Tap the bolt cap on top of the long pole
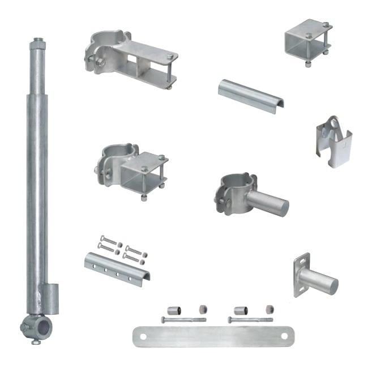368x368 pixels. (x=38, y=41)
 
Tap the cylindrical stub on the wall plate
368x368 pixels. (x=319, y=280)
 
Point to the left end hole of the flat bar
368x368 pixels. (x=143, y=336)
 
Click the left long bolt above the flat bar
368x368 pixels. (x=181, y=320)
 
